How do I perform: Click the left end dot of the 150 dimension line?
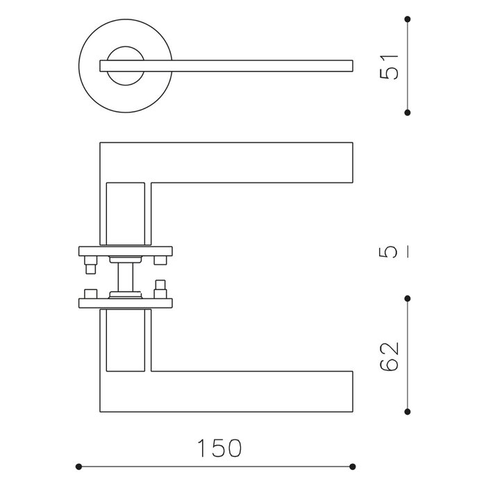(x=78, y=467)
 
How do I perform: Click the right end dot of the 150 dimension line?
(x=353, y=467)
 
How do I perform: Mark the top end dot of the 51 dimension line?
(x=408, y=19)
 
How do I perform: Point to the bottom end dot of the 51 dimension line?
(x=408, y=112)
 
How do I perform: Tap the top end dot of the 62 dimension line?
(x=408, y=299)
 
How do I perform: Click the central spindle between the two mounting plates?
(x=126, y=276)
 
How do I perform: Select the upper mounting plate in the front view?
(x=126, y=251)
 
